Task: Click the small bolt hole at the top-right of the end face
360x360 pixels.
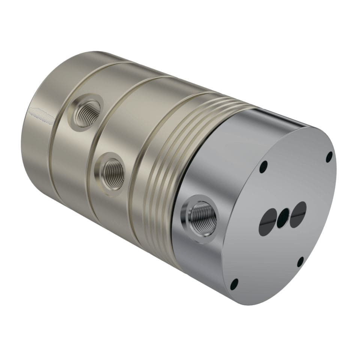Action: pyautogui.click(x=329, y=157)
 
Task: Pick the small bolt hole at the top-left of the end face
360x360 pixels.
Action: pyautogui.click(x=264, y=166)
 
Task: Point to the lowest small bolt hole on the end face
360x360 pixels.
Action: pyautogui.click(x=234, y=284)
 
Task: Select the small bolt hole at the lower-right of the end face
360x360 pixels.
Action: pyautogui.click(x=300, y=261)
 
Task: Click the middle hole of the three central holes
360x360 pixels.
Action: pyautogui.click(x=283, y=218)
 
